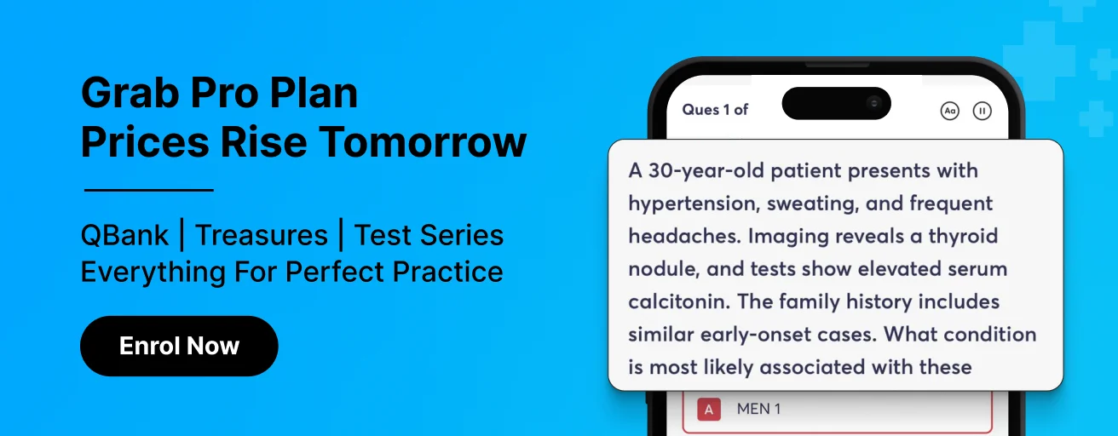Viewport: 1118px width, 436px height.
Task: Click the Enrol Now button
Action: pos(179,346)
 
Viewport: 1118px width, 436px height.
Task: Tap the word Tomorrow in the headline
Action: pos(423,142)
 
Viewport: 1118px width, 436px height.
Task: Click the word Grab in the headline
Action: pos(130,93)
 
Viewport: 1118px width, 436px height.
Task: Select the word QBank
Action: pos(124,235)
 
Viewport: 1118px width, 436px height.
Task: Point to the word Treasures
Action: pos(261,235)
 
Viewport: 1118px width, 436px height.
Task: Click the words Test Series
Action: pos(429,235)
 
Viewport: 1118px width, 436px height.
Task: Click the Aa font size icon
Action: pos(950,111)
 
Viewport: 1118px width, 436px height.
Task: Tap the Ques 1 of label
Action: pos(715,110)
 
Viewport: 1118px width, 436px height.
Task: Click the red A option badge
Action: pos(709,410)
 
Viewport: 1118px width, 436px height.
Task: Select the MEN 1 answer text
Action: pos(758,409)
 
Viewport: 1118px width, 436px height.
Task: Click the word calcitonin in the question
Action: pos(679,301)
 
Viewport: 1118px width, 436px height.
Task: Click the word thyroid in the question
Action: pos(963,237)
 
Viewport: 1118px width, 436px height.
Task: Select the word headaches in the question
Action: pos(685,236)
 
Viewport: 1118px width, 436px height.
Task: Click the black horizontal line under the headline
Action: pos(149,190)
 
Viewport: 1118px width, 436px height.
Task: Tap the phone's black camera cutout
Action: pos(837,103)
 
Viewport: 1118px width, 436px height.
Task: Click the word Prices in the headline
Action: pos(145,142)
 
